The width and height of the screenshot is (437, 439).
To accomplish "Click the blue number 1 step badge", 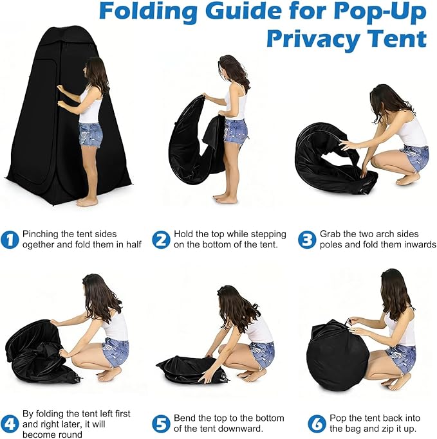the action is [10, 239].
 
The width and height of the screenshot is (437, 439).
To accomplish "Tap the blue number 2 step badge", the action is [161, 239].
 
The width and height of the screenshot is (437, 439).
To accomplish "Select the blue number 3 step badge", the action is [307, 239].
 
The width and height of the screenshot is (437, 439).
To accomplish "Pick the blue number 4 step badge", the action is [10, 424].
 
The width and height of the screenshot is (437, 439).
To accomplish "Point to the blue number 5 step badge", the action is [161, 424].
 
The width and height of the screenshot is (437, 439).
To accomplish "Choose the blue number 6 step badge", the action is [317, 424].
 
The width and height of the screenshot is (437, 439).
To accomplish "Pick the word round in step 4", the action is [69, 435].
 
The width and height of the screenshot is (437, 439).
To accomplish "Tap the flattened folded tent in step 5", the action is [192, 370].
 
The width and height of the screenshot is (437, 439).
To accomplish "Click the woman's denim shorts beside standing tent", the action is [90, 134].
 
